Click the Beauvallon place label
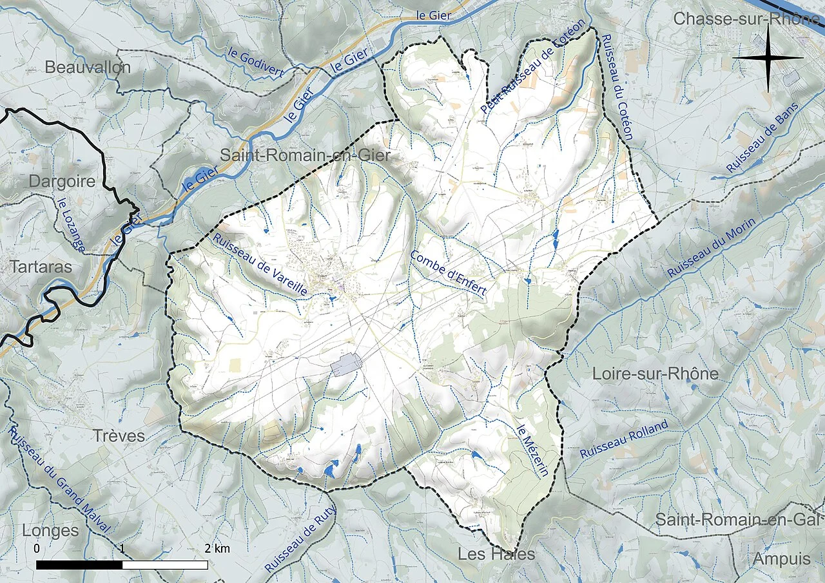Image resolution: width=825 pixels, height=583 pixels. click(88, 67)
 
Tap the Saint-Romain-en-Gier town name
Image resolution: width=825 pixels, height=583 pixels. click(306, 155)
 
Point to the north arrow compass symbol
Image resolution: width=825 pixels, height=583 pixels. click(768, 58)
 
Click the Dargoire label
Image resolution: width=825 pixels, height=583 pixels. click(62, 181)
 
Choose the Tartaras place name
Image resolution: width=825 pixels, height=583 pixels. click(41, 266)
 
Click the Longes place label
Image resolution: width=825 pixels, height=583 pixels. click(50, 531)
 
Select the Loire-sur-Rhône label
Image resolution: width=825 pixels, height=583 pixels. click(655, 374)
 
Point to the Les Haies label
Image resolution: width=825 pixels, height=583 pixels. click(496, 554)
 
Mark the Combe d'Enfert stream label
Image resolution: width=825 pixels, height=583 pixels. click(448, 272)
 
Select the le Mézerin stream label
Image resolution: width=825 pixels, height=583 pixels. click(533, 450)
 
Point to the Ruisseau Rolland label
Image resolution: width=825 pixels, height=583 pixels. click(623, 439)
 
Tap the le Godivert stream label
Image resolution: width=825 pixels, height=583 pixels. click(255, 63)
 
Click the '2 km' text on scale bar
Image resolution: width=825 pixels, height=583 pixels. click(217, 549)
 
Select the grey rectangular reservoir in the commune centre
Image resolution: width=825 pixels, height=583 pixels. click(344, 365)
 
